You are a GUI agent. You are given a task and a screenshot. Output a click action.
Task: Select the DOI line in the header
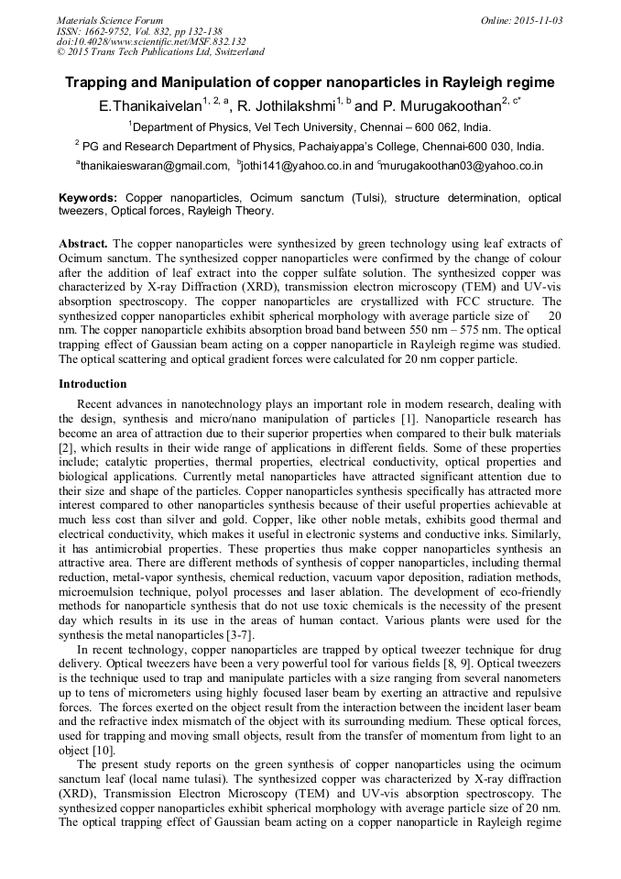[x=151, y=41]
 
